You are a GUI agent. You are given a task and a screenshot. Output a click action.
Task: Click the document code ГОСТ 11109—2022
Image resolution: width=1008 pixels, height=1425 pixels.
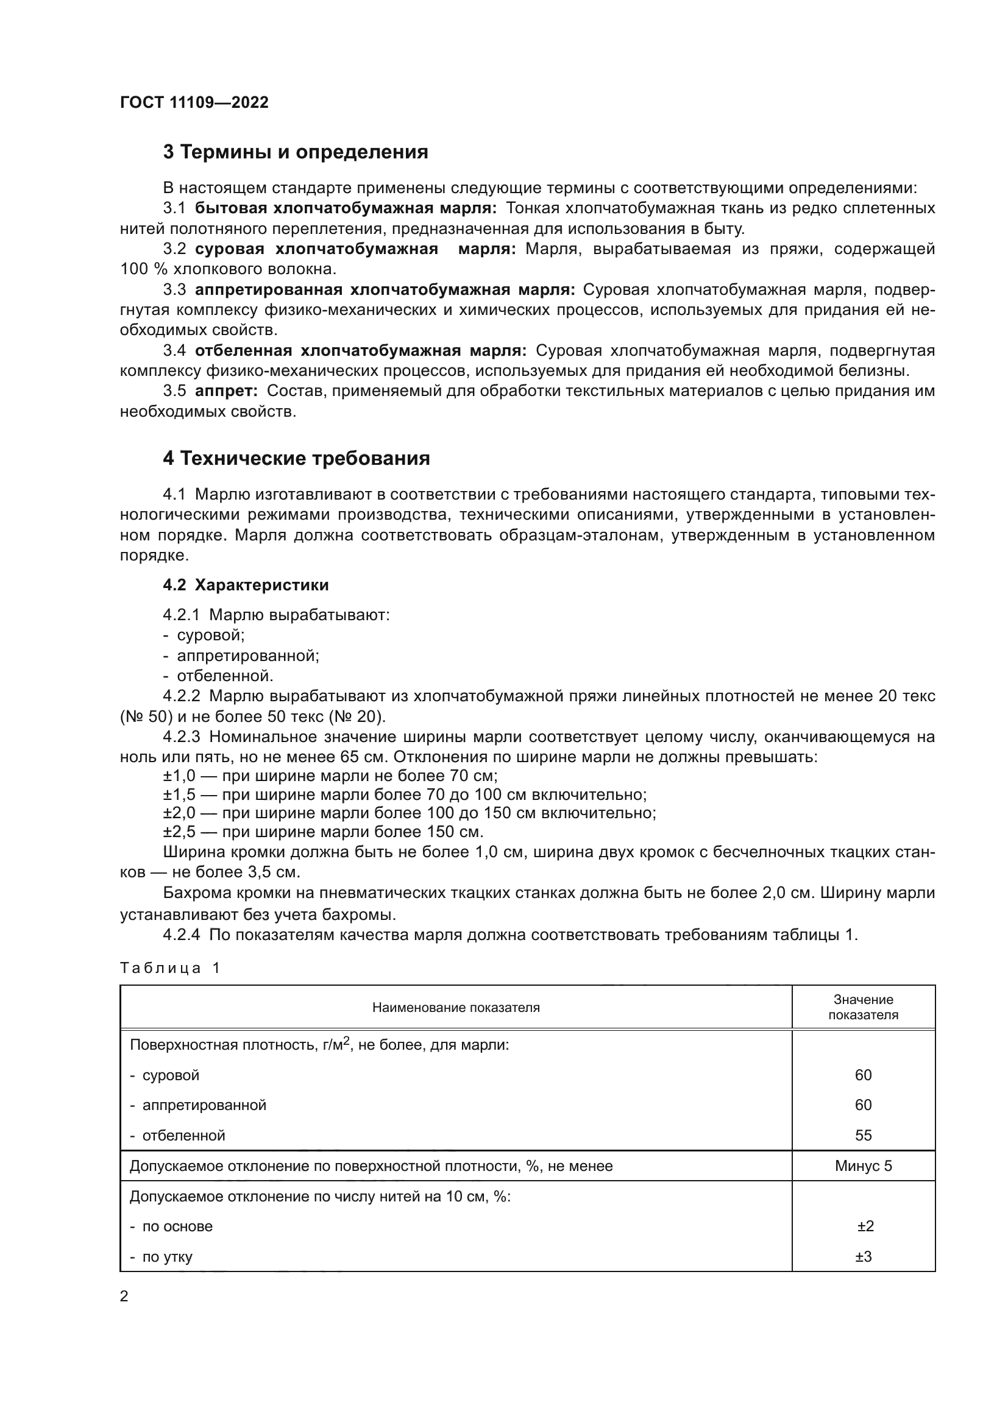pos(194,103)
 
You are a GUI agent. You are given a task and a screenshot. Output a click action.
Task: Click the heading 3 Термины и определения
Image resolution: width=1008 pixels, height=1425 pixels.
pos(296,152)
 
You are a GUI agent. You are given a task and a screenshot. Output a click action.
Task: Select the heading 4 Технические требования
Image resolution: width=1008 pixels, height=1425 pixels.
pos(296,459)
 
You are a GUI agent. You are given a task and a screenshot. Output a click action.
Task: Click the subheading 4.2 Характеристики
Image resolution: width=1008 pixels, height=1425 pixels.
pos(246,585)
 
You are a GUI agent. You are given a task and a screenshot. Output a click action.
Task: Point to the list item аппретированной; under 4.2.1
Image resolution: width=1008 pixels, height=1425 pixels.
pos(247,656)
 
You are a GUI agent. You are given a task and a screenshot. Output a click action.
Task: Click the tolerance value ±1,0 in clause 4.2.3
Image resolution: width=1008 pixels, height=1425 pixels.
pos(179,776)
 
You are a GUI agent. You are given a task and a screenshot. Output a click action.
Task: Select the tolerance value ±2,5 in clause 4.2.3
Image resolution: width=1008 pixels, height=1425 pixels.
pos(179,832)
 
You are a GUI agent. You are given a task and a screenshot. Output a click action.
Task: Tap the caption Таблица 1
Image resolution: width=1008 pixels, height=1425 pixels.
pos(170,968)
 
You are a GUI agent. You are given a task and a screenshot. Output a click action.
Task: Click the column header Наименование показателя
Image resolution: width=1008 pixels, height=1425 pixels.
pos(456,1007)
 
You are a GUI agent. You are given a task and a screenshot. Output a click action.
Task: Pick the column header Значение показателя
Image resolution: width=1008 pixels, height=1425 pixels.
pos(863,1006)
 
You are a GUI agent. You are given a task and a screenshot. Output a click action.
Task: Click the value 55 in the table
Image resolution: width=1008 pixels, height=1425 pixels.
pos(863,1135)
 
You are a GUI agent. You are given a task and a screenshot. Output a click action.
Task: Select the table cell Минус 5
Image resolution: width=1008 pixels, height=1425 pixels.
pos(863,1165)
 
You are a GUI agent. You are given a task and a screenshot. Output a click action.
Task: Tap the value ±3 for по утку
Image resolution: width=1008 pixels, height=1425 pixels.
pos(864,1256)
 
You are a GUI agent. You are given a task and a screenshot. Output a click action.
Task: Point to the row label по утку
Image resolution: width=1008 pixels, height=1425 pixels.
pos(167,1257)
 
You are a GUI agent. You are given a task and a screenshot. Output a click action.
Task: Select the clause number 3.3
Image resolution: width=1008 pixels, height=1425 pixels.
pos(174,290)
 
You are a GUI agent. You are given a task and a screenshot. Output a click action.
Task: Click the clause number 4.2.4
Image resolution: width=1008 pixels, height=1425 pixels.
pos(181,935)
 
